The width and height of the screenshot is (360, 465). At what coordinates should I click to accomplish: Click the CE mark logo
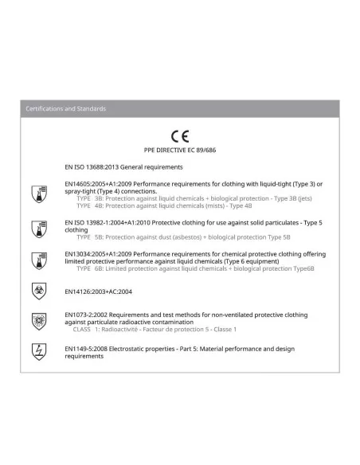click(180, 136)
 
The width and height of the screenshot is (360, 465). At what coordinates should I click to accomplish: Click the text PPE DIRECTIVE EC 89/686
click(180, 150)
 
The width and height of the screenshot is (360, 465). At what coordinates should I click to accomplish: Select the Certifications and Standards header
click(65, 108)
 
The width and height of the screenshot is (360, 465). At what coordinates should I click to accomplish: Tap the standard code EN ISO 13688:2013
click(96, 167)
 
